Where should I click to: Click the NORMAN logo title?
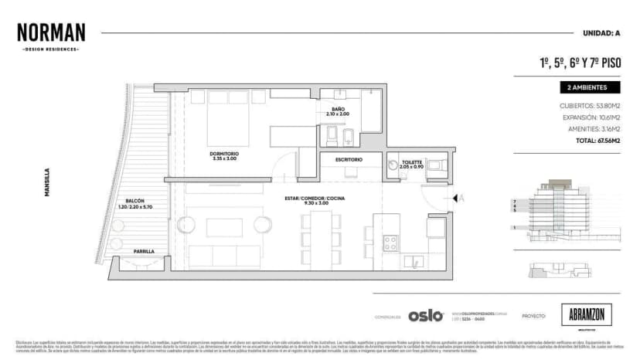pyautogui.click(x=51, y=32)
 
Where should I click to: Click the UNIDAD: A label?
pyautogui.click(x=599, y=33)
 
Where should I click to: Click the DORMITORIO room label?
pyautogui.click(x=223, y=155)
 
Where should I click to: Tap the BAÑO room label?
pyautogui.click(x=338, y=110)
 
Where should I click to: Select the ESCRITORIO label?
pyautogui.click(x=349, y=159)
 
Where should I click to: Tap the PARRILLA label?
pyautogui.click(x=144, y=251)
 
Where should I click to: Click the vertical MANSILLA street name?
pyautogui.click(x=48, y=183)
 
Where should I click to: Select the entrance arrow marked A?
pyautogui.click(x=458, y=198)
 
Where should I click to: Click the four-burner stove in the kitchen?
pyautogui.click(x=391, y=243)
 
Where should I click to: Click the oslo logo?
pyautogui.click(x=426, y=315)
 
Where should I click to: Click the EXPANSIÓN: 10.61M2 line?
pyautogui.click(x=591, y=117)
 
